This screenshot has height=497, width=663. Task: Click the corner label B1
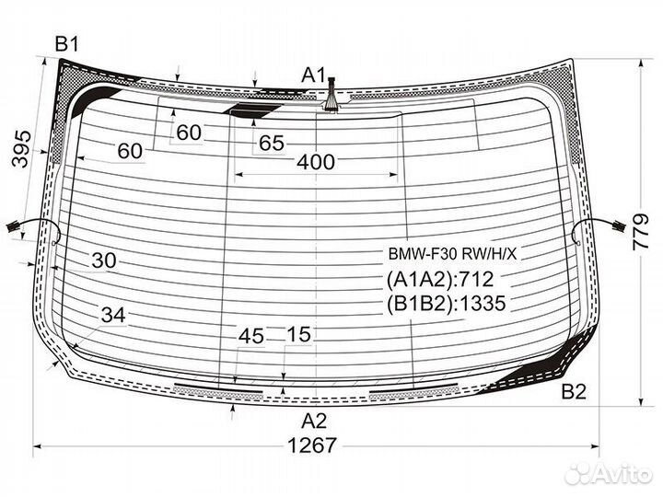67,44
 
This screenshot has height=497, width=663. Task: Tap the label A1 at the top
313,75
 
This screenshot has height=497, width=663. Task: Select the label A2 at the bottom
314,421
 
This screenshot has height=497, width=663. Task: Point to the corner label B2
574,392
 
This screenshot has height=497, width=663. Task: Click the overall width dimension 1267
312,445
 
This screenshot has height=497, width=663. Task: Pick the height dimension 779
641,232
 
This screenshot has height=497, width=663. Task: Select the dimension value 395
21,149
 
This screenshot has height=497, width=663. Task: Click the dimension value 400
316,162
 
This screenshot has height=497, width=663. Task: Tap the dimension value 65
271,143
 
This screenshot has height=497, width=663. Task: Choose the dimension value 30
103,260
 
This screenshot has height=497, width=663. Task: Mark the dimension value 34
113,315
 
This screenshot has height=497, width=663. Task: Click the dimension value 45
251,337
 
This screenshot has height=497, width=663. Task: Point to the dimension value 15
298,334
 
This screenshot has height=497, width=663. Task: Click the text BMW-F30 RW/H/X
452,254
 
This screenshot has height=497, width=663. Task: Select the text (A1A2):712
440,280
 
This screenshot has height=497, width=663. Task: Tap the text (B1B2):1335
446,304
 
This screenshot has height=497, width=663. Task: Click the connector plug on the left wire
13,227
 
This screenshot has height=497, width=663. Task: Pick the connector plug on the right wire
619,226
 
